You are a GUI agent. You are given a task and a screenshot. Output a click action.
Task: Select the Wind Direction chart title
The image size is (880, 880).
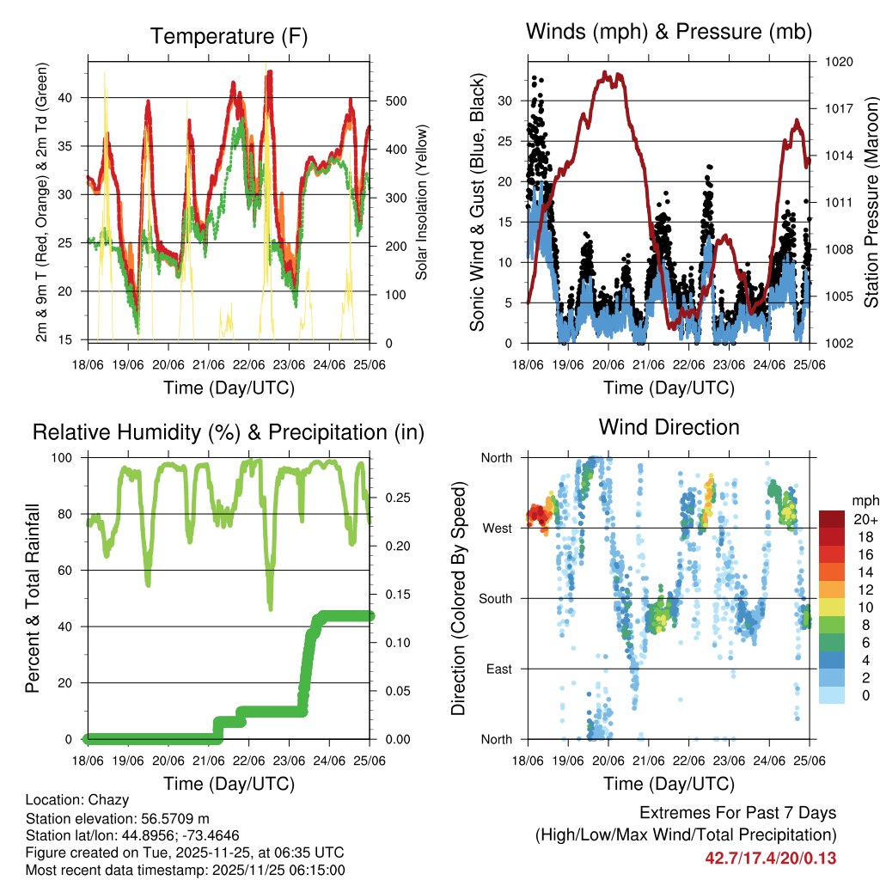point(669,426)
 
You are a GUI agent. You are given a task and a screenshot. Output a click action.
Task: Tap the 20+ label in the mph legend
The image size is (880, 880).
point(865,519)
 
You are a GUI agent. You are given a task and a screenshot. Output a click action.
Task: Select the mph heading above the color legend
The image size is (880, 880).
point(864,500)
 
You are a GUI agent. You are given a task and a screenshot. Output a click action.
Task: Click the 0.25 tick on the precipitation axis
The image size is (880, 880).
point(393,498)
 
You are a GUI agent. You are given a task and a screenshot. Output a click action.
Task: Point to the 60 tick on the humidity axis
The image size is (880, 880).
point(70,571)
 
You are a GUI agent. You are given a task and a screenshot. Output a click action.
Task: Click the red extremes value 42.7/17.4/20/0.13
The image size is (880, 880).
point(771,858)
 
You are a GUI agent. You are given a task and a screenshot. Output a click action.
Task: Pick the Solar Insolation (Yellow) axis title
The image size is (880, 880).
point(421,203)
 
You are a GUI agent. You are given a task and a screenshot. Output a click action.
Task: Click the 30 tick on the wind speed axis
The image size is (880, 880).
point(506,101)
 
